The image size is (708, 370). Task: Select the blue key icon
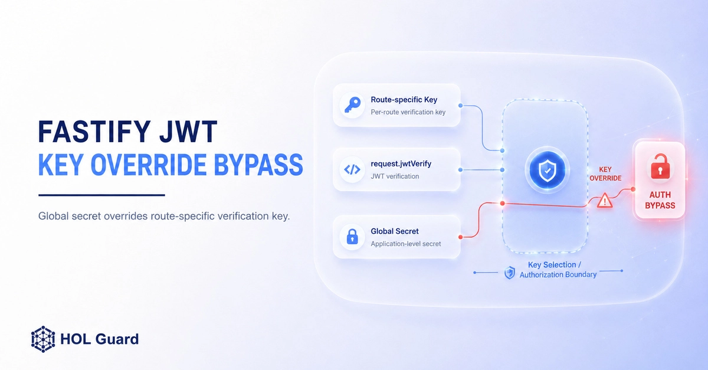click(352, 104)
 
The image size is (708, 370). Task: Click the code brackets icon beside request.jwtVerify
click(352, 169)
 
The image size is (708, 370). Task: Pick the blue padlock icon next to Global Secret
click(352, 237)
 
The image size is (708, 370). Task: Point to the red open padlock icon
click(660, 166)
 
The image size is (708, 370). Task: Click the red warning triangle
click(605, 200)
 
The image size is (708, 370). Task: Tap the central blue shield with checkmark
click(548, 171)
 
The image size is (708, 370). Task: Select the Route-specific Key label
click(404, 100)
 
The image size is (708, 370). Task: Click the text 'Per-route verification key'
click(408, 112)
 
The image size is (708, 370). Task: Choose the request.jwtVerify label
click(401, 164)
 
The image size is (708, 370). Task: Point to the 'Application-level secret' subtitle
click(406, 244)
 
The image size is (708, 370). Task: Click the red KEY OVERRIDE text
click(605, 174)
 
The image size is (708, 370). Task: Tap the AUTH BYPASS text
click(660, 200)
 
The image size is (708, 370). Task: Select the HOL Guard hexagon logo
click(43, 339)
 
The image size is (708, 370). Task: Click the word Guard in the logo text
click(117, 339)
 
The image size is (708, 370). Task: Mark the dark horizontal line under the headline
click(101, 195)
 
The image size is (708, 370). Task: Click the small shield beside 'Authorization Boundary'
click(510, 273)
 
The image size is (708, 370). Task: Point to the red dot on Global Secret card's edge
click(461, 237)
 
